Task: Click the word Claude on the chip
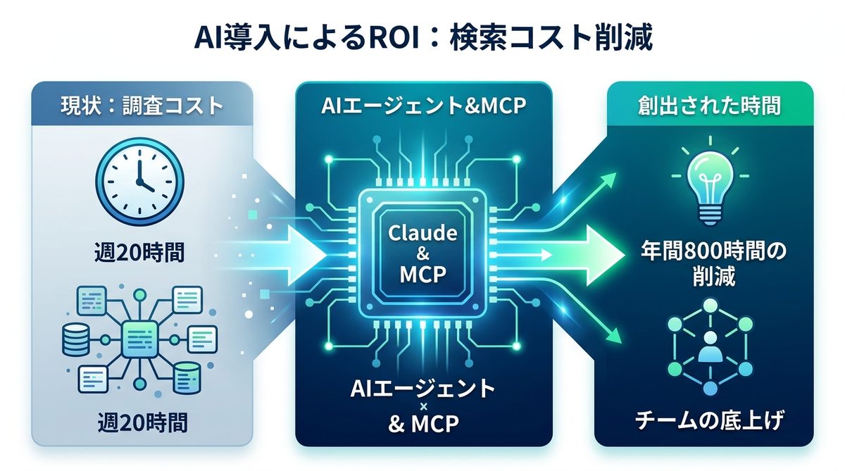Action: click(x=423, y=232)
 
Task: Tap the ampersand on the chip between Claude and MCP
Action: click(x=423, y=253)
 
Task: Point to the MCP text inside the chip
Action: click(x=423, y=274)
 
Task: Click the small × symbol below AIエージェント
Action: click(x=423, y=406)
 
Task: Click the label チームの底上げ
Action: click(x=709, y=422)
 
